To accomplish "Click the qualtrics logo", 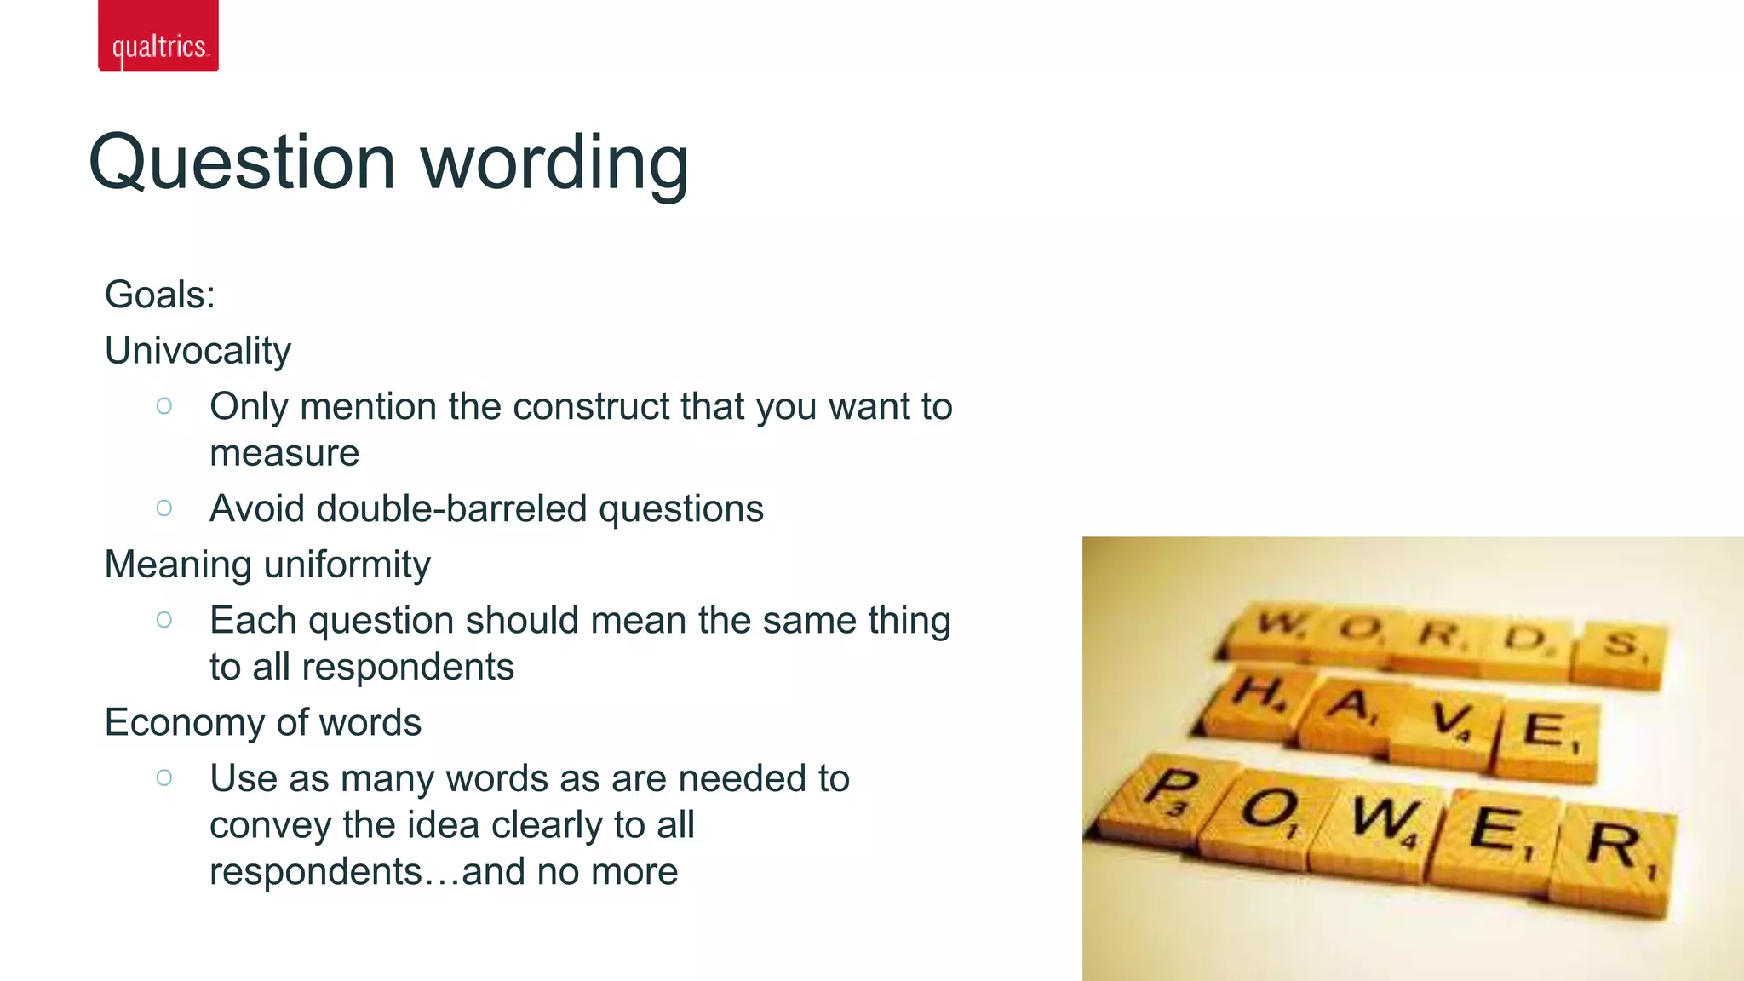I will [158, 36].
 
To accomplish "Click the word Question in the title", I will [242, 163].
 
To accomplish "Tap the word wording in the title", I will [554, 163].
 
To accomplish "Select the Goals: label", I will [159, 295].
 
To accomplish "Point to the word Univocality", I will [198, 351].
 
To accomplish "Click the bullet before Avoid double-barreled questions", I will [164, 508].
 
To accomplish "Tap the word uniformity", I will [348, 565].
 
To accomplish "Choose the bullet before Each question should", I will [164, 620].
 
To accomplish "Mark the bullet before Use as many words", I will [164, 777].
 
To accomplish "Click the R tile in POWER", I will [1611, 856].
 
